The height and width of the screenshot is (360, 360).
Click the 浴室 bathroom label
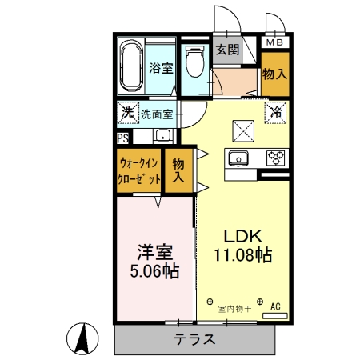pos(162,68)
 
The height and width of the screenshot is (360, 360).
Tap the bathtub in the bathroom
pos(130,68)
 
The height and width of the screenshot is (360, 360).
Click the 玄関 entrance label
pos(226,50)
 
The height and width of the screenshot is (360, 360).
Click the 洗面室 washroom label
pos(157,114)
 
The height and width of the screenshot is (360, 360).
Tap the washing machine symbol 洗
pos(128,113)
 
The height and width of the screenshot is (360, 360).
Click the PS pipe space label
pos(122,138)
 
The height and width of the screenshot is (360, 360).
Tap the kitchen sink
pos(239,157)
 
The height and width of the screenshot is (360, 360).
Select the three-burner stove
pos(275,157)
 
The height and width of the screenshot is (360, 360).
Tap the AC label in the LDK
pos(275,306)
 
